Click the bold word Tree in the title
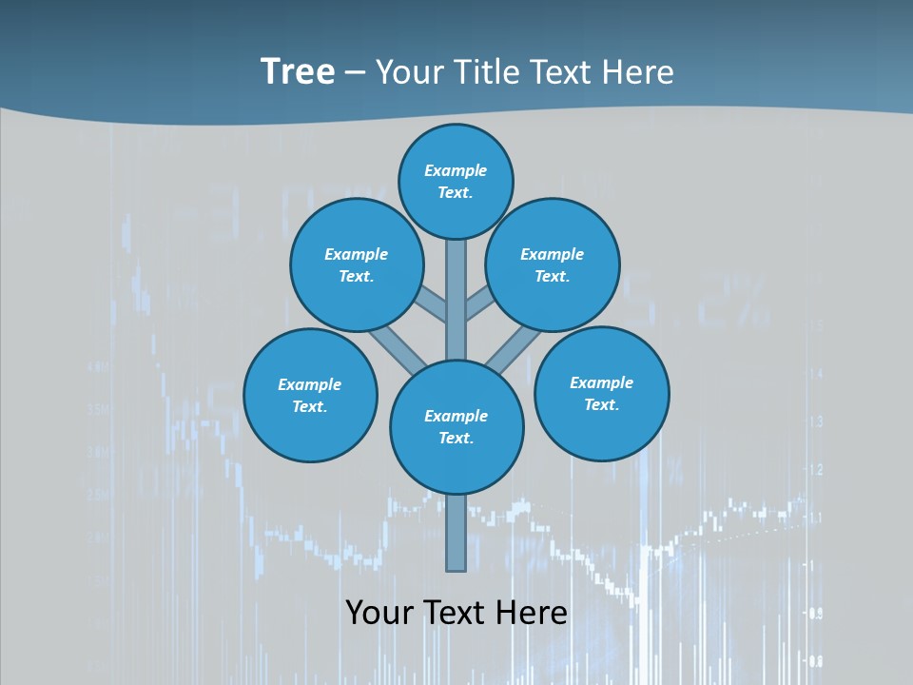point(298,72)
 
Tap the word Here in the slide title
point(638,72)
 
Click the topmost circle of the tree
point(456,181)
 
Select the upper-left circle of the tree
point(356,264)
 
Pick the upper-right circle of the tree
point(553,264)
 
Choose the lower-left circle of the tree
point(310,395)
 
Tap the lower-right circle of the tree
point(601,393)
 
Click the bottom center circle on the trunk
point(456,426)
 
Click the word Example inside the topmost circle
point(456,170)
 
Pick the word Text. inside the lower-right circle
point(601,404)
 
